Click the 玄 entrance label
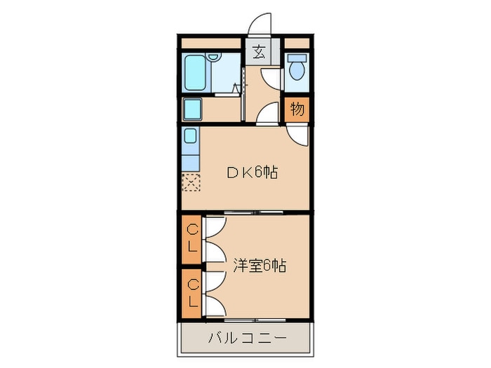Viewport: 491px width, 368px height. pos(258,53)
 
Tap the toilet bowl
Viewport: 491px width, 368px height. pos(297,71)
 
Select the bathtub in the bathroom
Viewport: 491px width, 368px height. pos(196,72)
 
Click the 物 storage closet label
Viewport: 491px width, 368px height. pos(297,109)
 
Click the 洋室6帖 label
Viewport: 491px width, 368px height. pos(259,266)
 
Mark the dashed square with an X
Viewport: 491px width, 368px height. pos(191,183)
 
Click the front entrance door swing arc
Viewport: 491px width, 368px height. pos(261,23)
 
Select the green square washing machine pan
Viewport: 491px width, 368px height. pos(192,109)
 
